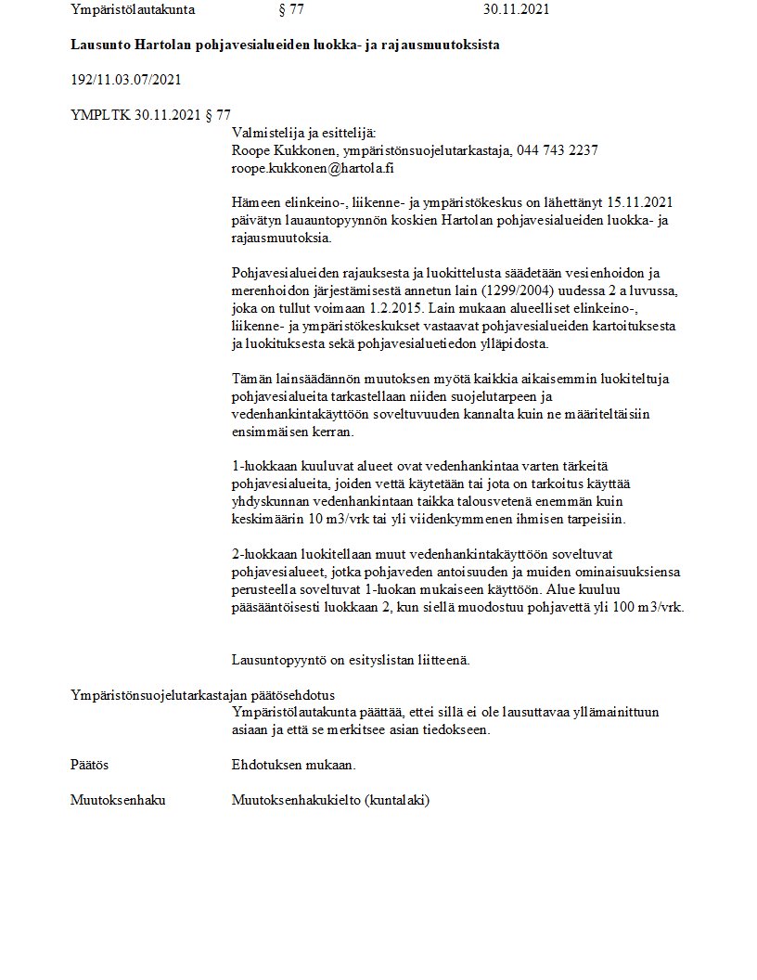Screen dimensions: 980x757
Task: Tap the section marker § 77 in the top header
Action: [291, 10]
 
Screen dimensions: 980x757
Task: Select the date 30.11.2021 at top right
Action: [516, 10]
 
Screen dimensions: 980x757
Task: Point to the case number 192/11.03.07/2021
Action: [125, 79]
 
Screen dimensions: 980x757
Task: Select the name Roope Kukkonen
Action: [282, 151]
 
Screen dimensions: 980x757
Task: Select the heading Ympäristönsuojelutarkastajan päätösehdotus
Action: [203, 695]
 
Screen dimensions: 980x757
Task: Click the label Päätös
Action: [90, 765]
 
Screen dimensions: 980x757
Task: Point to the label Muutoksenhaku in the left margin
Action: [118, 800]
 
